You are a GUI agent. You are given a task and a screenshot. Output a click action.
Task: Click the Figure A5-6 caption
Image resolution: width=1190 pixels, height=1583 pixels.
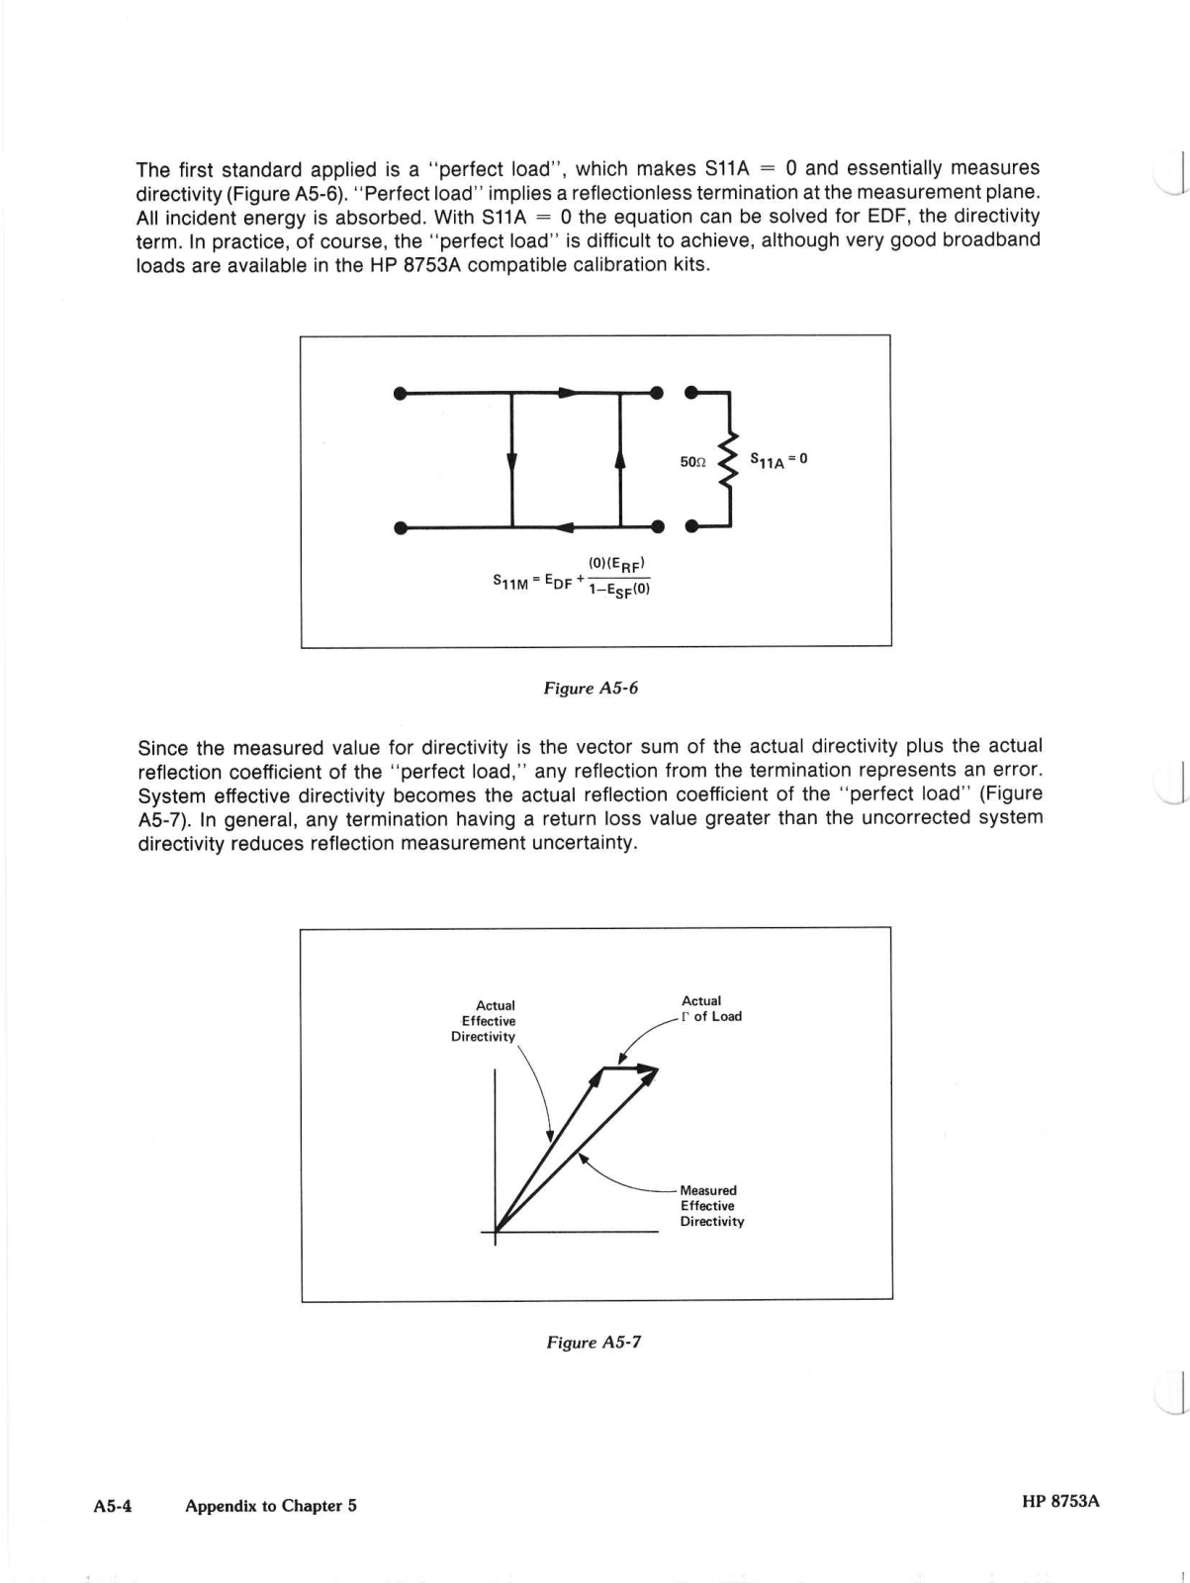coord(591,688)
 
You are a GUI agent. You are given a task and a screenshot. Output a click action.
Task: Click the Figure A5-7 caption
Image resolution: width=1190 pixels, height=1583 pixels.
coord(594,1343)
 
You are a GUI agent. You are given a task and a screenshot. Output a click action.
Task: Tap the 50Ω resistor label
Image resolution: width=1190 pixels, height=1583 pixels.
coord(692,461)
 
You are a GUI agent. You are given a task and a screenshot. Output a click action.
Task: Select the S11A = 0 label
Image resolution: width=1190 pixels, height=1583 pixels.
coord(778,459)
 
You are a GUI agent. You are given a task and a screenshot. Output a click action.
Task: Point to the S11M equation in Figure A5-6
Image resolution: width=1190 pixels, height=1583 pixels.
coord(572,578)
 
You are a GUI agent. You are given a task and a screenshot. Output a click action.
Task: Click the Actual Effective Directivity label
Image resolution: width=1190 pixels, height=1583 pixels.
coord(485,1021)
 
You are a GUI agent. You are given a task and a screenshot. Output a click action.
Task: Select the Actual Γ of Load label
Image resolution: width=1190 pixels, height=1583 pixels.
coord(710,1008)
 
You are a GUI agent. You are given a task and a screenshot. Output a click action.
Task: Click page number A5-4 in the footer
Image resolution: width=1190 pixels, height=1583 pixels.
coord(113,1506)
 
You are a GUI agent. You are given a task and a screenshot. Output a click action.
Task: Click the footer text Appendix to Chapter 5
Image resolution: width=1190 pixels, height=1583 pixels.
coord(270,1506)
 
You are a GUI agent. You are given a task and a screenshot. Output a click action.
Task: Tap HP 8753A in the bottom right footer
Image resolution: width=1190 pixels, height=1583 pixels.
coord(1060,1501)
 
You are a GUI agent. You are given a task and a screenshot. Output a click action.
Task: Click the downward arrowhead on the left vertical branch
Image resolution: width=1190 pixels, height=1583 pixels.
coord(511,463)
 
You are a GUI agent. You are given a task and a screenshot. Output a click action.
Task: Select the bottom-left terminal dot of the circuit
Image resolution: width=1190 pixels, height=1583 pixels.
coord(400,527)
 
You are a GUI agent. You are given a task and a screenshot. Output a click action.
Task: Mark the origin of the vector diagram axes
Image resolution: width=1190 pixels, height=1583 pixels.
coord(496,1232)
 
